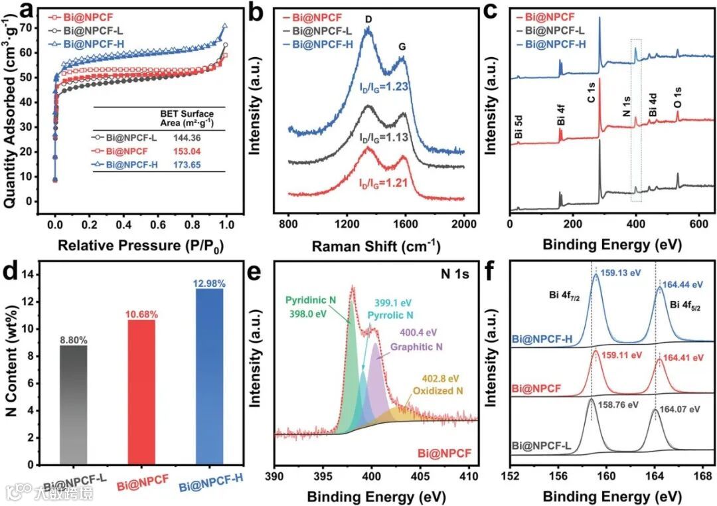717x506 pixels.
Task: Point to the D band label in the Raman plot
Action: coord(368,20)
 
